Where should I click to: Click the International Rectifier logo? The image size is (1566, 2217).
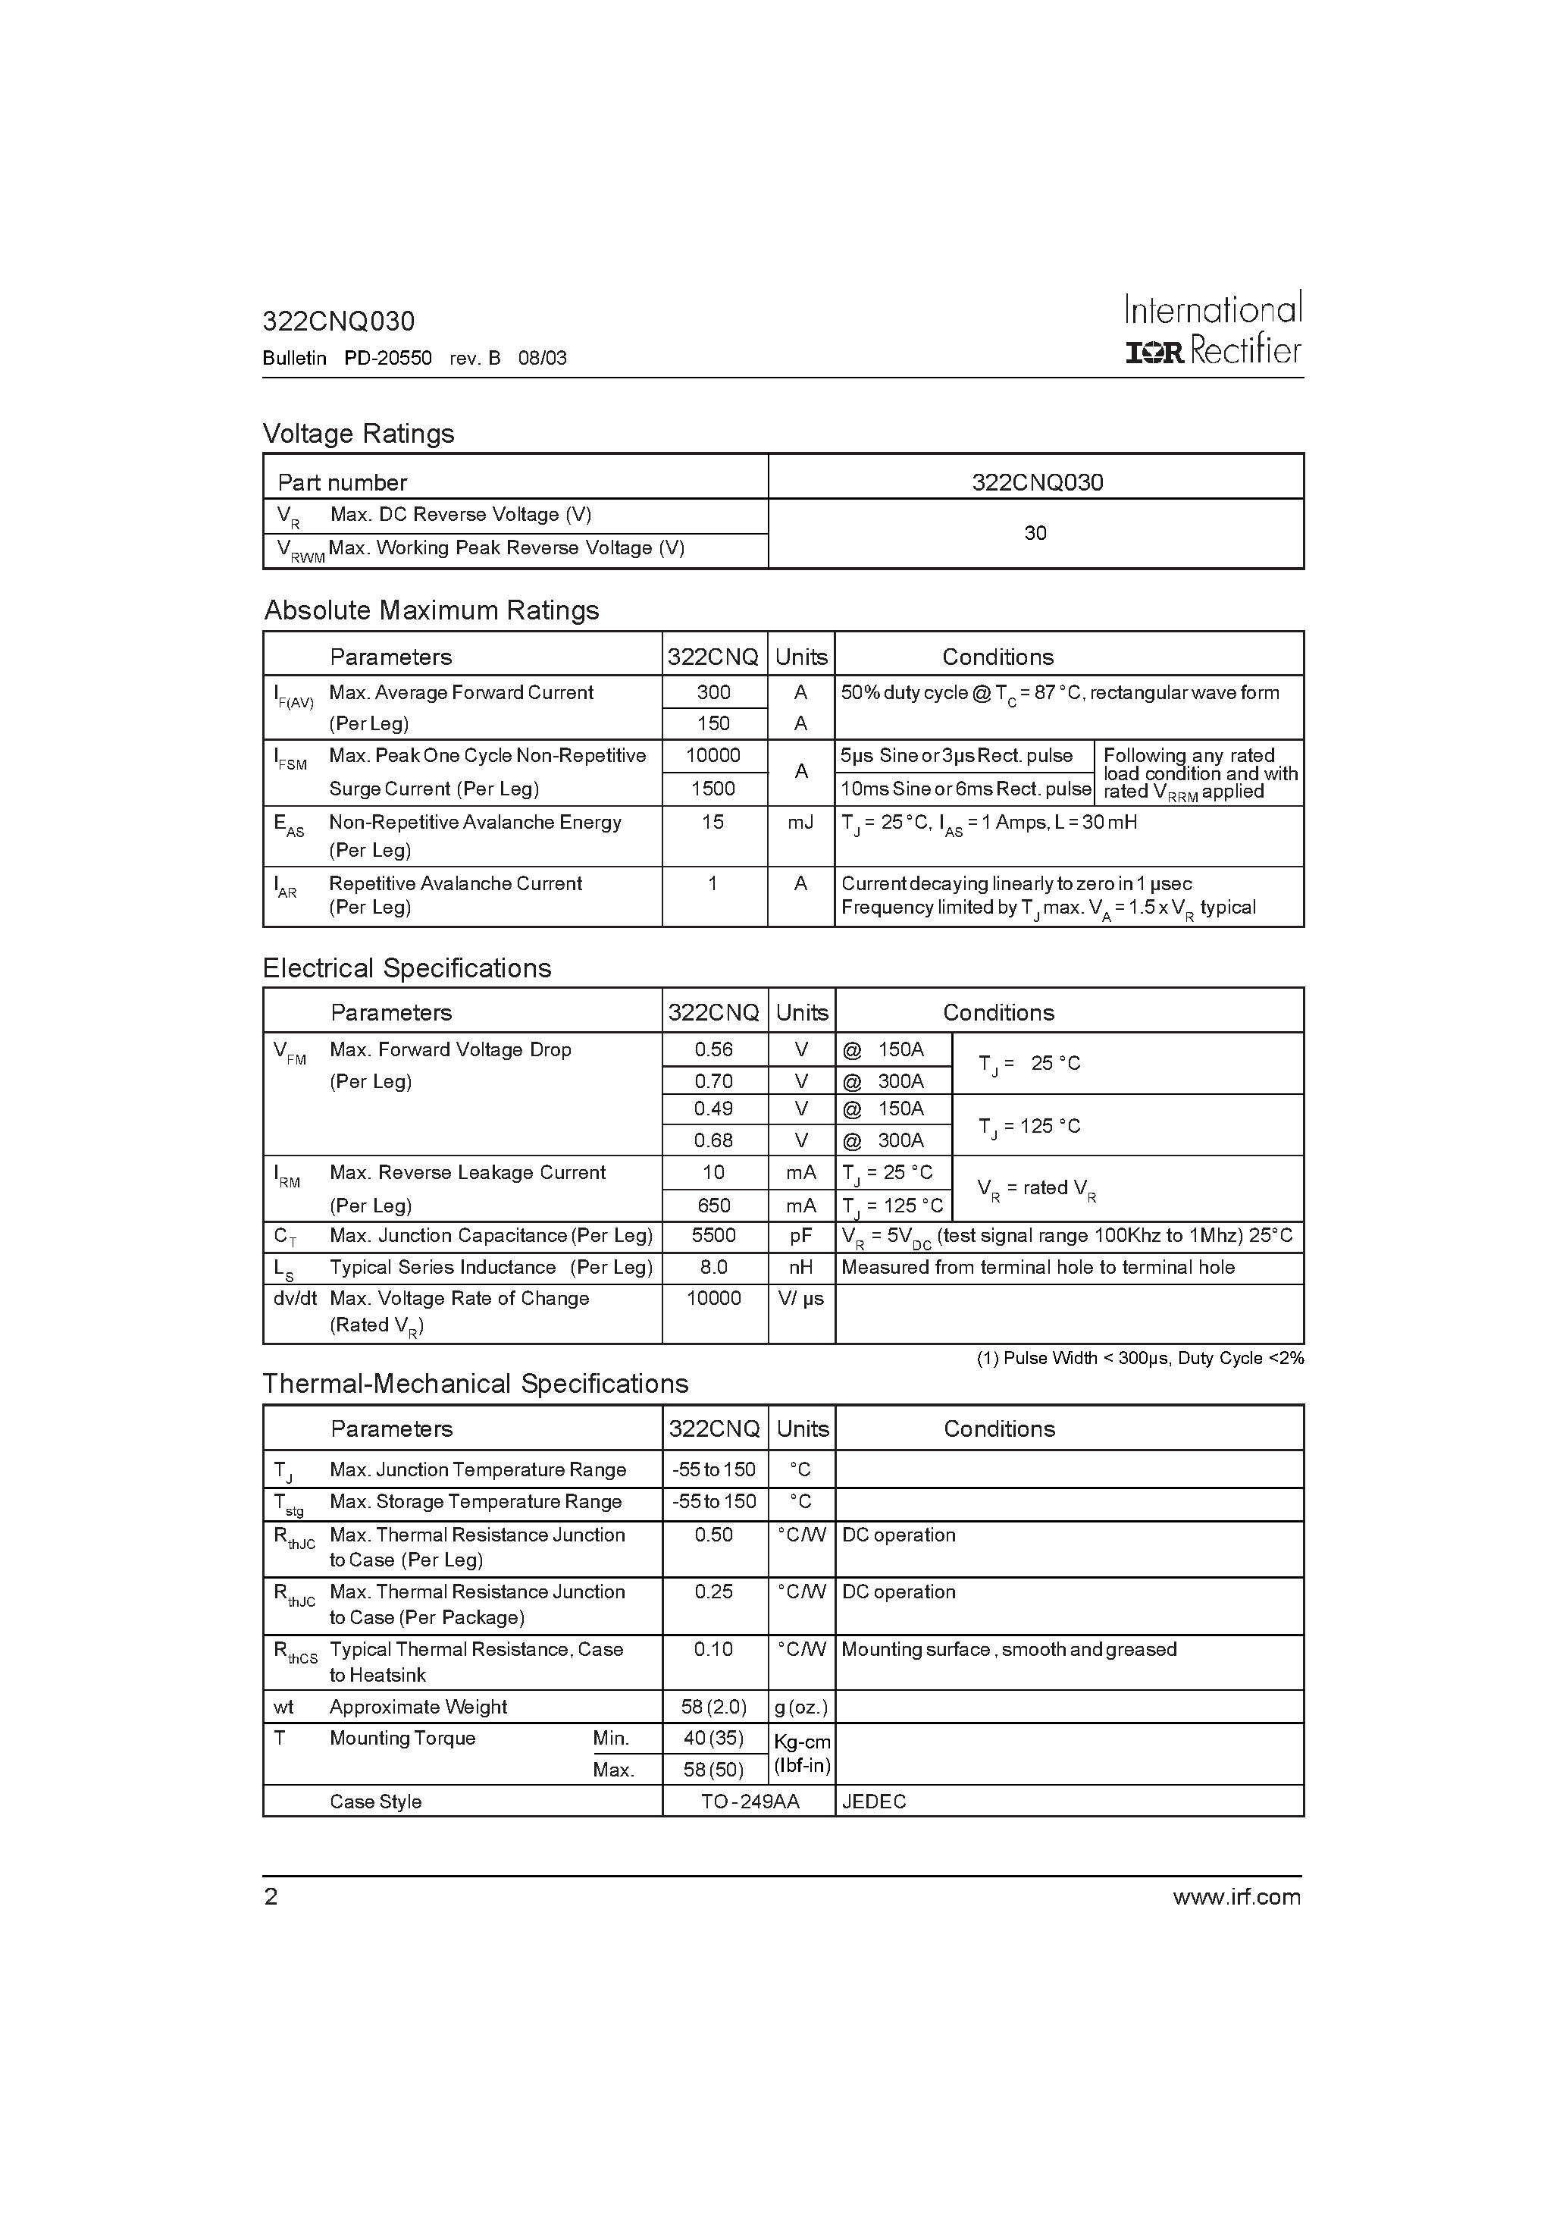[1214, 329]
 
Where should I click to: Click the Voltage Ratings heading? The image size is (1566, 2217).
[359, 434]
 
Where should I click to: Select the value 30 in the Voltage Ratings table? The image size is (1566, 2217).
[1035, 533]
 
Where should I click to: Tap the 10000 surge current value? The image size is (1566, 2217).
[713, 755]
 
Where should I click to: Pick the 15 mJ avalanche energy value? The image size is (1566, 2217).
[713, 822]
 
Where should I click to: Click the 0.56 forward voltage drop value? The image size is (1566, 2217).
[713, 1049]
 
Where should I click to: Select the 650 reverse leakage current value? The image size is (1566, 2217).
[713, 1205]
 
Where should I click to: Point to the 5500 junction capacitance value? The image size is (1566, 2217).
[713, 1236]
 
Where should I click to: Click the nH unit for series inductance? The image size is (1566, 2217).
[800, 1268]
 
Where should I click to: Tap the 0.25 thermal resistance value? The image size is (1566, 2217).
[713, 1591]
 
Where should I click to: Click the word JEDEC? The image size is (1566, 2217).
[874, 1802]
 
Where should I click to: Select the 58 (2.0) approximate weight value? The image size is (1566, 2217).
[713, 1707]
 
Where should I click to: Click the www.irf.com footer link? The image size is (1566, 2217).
[1237, 1897]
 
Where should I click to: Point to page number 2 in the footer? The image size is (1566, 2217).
[271, 1897]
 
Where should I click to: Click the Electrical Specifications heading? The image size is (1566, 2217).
[406, 968]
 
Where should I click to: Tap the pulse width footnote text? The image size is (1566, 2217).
[1140, 1359]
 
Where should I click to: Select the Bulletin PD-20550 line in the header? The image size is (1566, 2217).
[414, 358]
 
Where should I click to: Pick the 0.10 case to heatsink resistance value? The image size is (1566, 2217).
[713, 1649]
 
